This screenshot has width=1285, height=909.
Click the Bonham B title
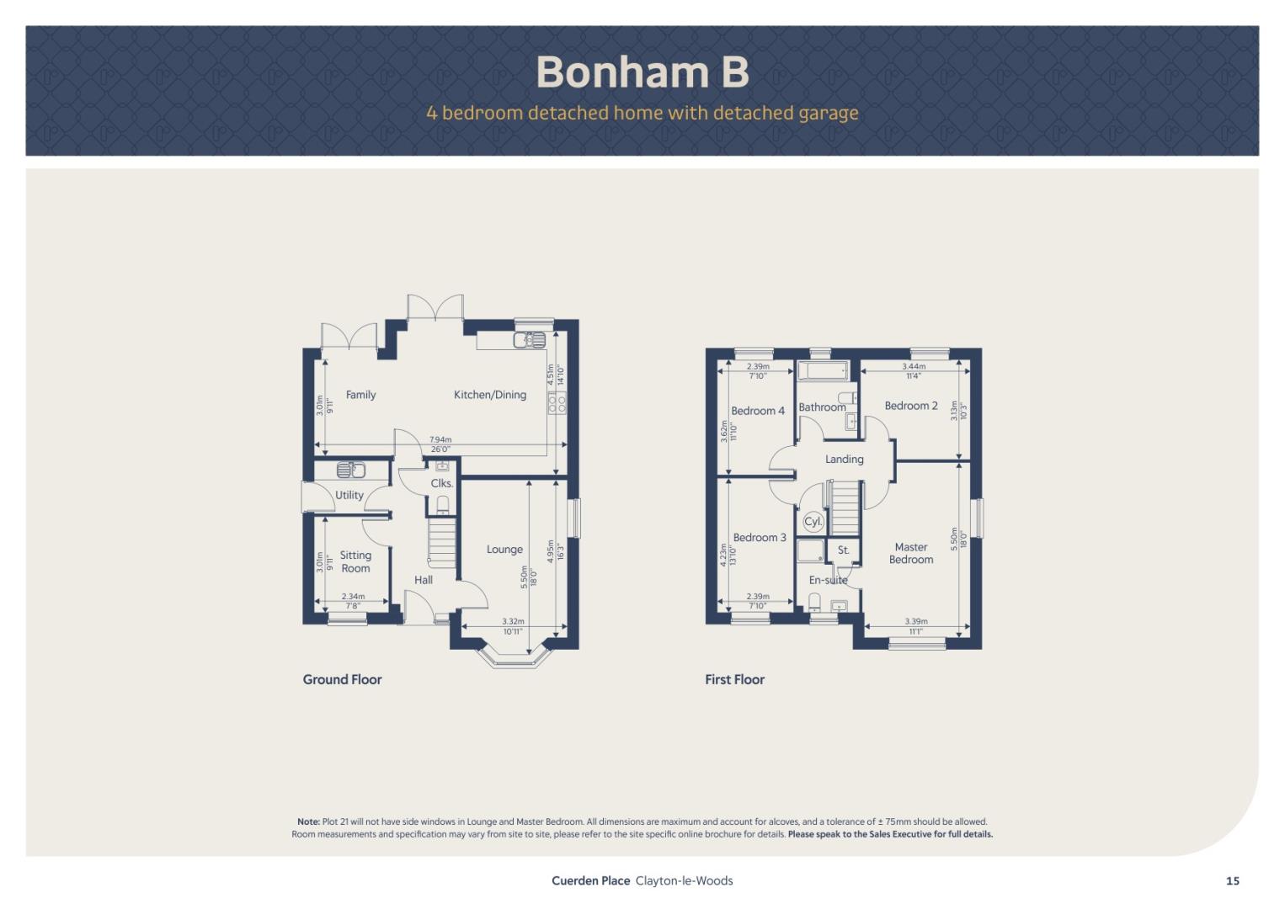tap(642, 72)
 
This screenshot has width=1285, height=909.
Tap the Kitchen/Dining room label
tap(490, 395)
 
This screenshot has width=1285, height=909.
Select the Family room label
tap(361, 395)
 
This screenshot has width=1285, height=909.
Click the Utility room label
tap(349, 495)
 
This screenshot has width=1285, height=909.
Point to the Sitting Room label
tap(355, 561)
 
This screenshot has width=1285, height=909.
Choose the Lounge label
tap(505, 550)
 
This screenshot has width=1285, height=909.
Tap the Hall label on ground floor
tap(424, 580)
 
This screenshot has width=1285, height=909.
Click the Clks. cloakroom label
tap(442, 483)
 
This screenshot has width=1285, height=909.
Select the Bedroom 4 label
tap(758, 411)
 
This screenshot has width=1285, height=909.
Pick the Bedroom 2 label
tap(911, 406)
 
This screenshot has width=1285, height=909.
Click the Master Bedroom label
tap(911, 554)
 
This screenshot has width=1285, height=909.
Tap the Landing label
tap(845, 460)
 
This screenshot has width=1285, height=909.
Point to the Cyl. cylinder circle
tap(813, 522)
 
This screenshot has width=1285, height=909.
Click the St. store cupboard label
tap(843, 550)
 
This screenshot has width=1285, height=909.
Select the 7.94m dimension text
tap(440, 440)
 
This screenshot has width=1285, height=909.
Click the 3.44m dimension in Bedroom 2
tap(914, 366)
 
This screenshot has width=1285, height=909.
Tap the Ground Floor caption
tap(343, 679)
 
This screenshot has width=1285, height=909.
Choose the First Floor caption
tap(735, 679)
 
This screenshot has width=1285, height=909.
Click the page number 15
tap(1233, 881)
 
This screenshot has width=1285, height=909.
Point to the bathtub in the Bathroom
tap(824, 371)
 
